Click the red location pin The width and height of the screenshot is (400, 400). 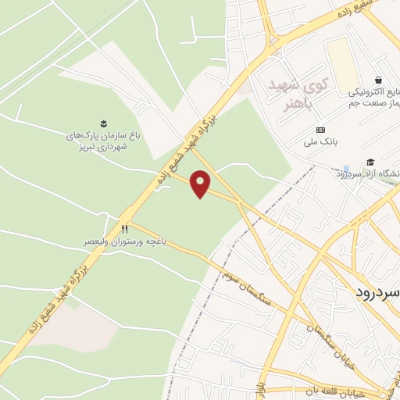(x=202, y=184)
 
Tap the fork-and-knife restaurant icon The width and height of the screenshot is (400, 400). (x=124, y=229)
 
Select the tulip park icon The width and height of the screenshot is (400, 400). (x=102, y=123)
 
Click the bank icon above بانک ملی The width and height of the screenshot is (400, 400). (x=320, y=129)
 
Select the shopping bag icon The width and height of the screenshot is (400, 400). (x=379, y=80)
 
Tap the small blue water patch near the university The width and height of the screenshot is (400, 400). (x=345, y=169)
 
